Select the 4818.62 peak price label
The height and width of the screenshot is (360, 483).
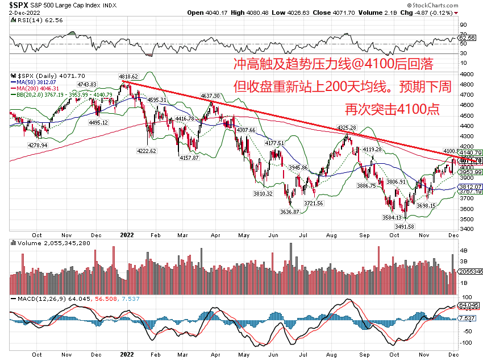pyautogui.click(x=128, y=76)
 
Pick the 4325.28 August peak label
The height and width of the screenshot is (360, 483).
pyautogui.click(x=346, y=127)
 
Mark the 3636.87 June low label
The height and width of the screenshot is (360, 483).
pyautogui.click(x=290, y=212)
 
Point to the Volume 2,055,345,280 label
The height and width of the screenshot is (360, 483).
pyautogui.click(x=53, y=243)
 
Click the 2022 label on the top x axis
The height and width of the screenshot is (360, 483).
pyautogui.click(x=127, y=234)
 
